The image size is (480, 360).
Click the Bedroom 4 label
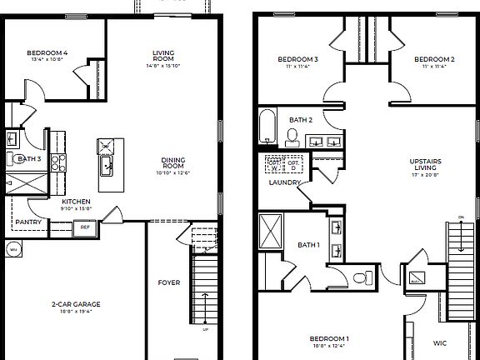click(x=47, y=54)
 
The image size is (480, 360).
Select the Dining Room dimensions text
click(x=173, y=172)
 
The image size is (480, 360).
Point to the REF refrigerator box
click(x=85, y=226)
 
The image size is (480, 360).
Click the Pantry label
click(x=28, y=222)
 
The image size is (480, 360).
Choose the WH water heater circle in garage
click(x=13, y=248)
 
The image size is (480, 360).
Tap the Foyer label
click(x=169, y=282)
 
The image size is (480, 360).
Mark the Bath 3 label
click(x=29, y=159)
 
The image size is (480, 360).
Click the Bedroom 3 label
click(x=297, y=59)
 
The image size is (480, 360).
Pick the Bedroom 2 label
click(x=434, y=59)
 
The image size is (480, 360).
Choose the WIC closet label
click(x=440, y=342)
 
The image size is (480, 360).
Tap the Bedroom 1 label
click(x=329, y=337)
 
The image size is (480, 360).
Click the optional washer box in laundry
click(x=274, y=163)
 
